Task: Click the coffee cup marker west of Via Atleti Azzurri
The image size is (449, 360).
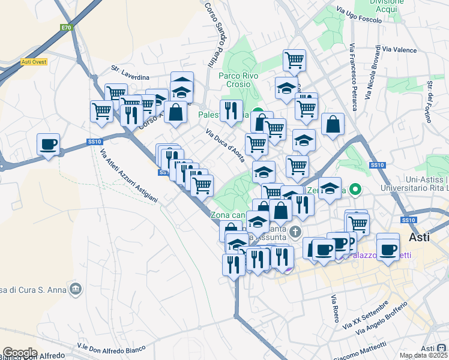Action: pos(48,145)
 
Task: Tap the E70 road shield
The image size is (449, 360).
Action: pos(66,28)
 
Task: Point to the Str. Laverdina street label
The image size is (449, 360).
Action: pos(129,77)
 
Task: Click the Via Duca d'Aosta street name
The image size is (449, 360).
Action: pos(225,145)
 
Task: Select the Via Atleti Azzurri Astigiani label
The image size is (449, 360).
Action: pos(128,175)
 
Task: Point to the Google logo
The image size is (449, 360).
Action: pos(20,353)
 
